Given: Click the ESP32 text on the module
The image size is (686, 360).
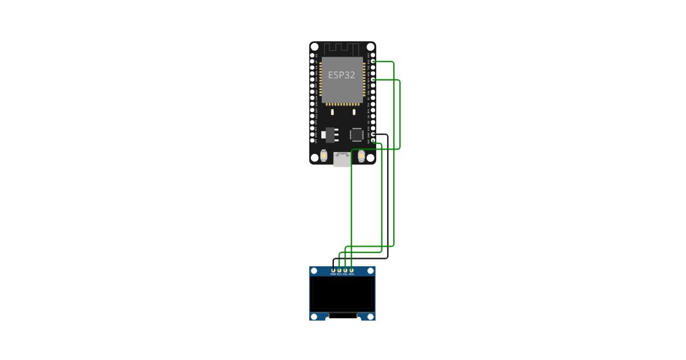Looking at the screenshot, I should point(342,75).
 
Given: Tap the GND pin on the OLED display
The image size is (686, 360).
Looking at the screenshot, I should point(333,270).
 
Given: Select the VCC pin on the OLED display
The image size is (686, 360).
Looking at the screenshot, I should point(340,270).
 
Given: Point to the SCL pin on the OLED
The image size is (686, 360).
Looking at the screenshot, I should point(345,270).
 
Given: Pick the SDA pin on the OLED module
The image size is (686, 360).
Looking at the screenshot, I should point(352,270).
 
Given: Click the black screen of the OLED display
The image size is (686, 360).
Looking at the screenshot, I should point(342,294).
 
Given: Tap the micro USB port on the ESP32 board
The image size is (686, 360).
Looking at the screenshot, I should point(342,159).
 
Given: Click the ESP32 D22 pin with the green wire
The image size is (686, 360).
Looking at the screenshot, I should point(373,61).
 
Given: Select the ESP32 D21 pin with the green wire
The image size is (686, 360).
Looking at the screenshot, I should point(373,80).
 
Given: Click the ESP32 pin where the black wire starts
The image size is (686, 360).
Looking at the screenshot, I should point(373,134).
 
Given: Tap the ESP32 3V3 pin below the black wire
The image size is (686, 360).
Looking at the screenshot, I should point(373,141).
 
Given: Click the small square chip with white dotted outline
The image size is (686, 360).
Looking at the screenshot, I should point(356,134).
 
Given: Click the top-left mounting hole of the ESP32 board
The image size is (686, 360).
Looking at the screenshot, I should point(314,47).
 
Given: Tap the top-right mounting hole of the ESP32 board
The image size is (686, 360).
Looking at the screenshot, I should point(370,47).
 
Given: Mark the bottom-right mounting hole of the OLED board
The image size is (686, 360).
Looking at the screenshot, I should point(370,316).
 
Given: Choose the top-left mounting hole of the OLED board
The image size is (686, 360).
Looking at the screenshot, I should point(314,270).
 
